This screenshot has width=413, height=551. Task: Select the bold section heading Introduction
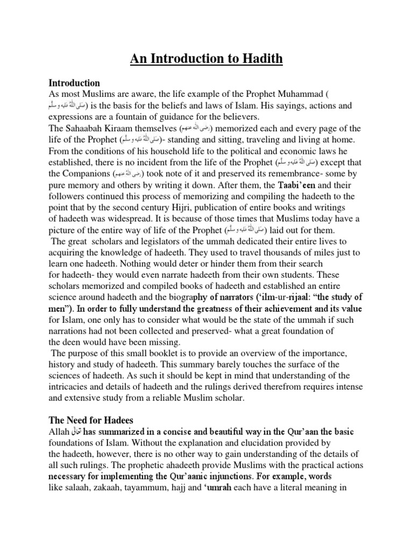point(74,83)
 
